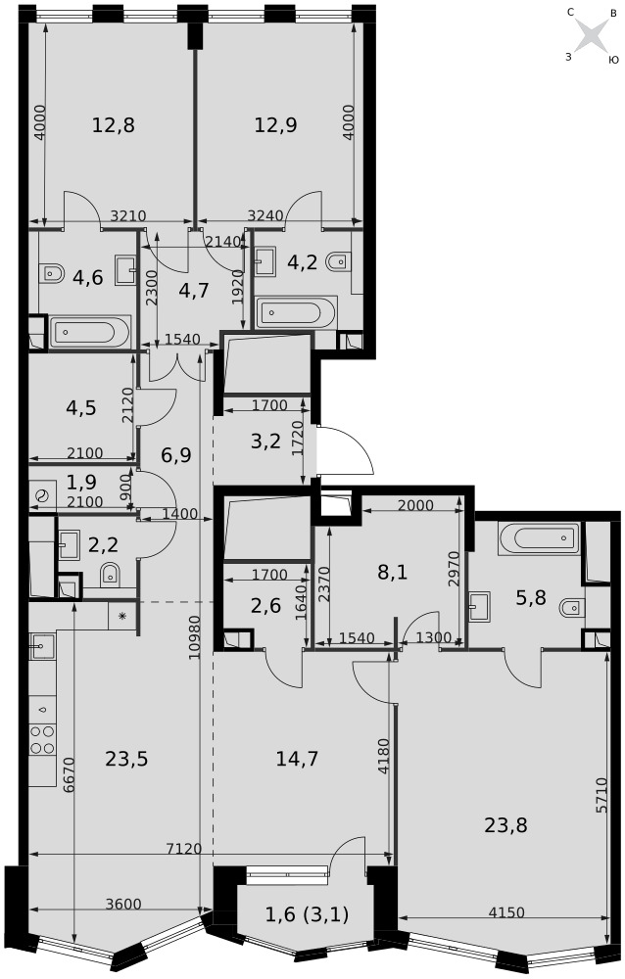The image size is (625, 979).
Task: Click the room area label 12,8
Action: (113, 125)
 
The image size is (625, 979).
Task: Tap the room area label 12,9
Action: (275, 125)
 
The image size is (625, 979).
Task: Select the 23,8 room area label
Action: (505, 825)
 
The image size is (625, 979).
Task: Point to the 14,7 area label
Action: (297, 759)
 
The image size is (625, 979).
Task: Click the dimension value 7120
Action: (184, 849)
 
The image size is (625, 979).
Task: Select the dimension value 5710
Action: (601, 795)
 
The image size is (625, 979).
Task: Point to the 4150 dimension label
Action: (506, 912)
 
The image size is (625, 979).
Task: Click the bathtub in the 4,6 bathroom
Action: (90, 331)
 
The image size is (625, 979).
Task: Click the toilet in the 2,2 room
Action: (110, 574)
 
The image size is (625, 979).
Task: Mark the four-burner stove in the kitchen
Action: (42, 739)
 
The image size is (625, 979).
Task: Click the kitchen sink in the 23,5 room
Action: (40, 646)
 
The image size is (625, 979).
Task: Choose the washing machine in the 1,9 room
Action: (42, 496)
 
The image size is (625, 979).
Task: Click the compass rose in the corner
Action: (591, 35)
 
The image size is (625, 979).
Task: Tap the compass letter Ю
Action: (613, 60)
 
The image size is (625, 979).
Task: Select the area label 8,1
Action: (393, 572)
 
